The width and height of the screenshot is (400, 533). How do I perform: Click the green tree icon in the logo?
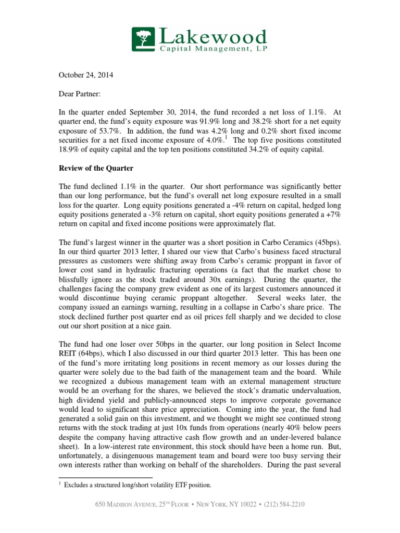pos(144,41)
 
